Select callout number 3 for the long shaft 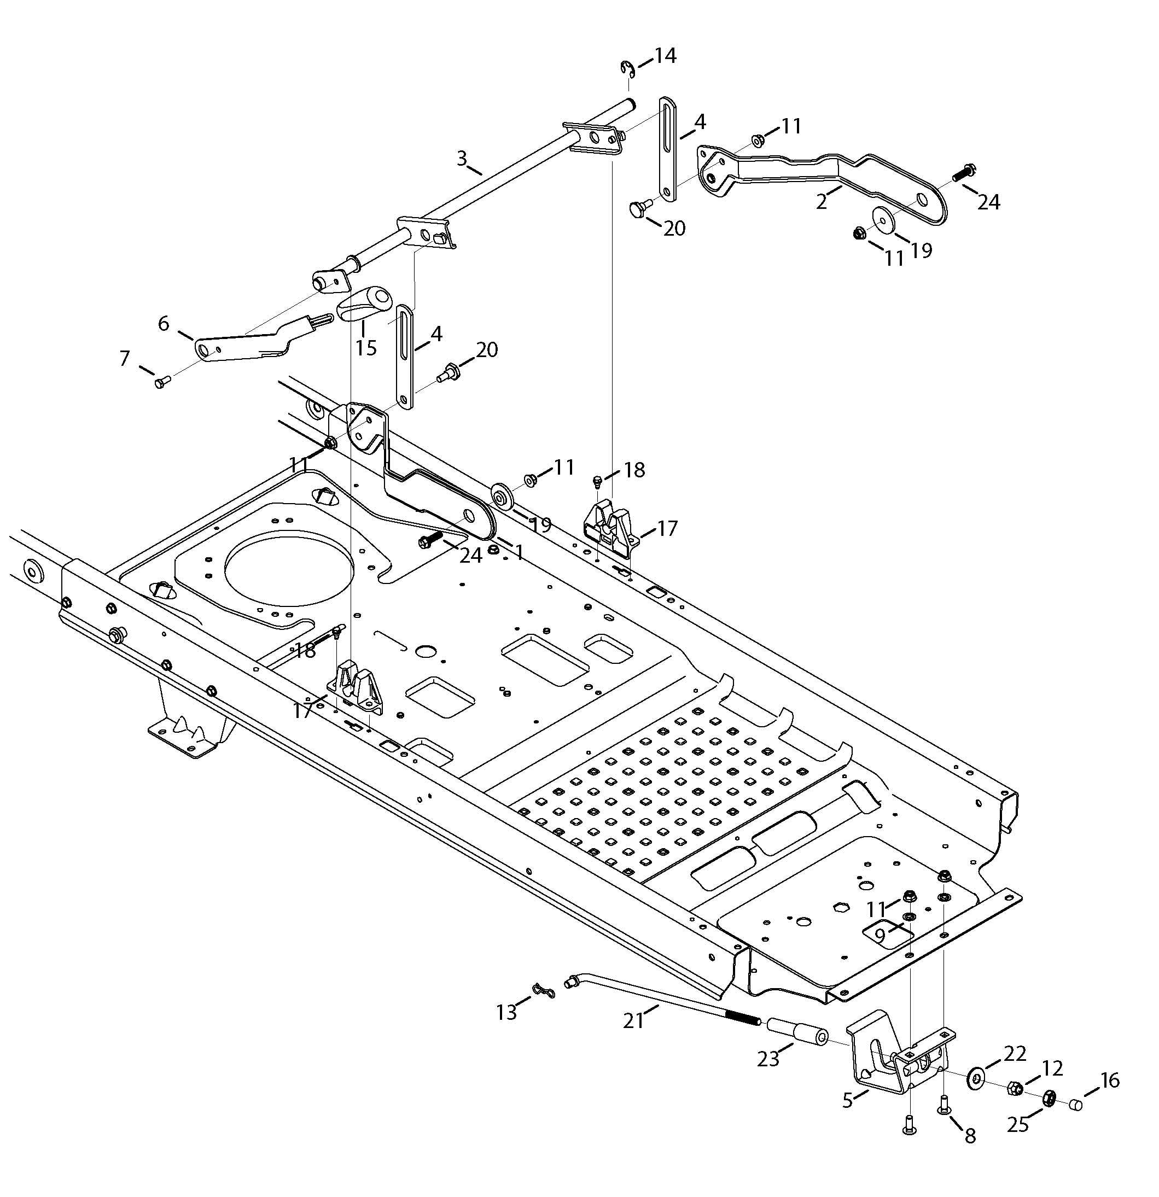coord(463,159)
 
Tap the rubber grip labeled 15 coord(365,303)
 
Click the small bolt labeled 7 coord(162,382)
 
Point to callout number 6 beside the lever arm coord(163,323)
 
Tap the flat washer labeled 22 coord(975,1078)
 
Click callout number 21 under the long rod coord(633,1020)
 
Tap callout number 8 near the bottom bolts coord(970,1135)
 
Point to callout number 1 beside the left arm coord(519,552)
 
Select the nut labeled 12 coord(1014,1088)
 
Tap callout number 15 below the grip coord(366,348)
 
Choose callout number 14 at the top coord(665,56)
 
